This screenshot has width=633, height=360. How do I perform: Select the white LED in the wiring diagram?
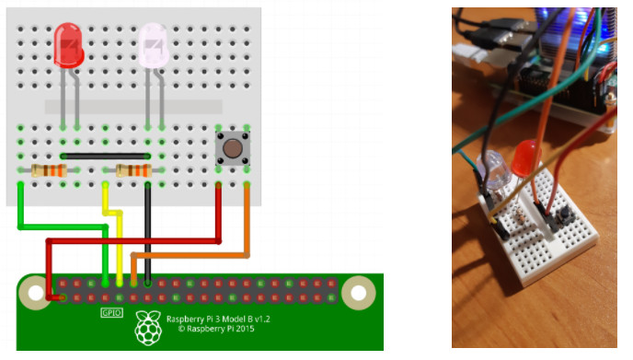pyautogui.click(x=154, y=43)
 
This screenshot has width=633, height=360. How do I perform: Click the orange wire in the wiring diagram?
pyautogui.click(x=193, y=253)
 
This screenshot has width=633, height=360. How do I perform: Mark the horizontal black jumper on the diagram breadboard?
pyautogui.click(x=106, y=157)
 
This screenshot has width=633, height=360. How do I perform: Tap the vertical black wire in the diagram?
pyautogui.click(x=148, y=230)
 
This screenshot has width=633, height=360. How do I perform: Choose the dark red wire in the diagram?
pyautogui.click(x=138, y=241)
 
